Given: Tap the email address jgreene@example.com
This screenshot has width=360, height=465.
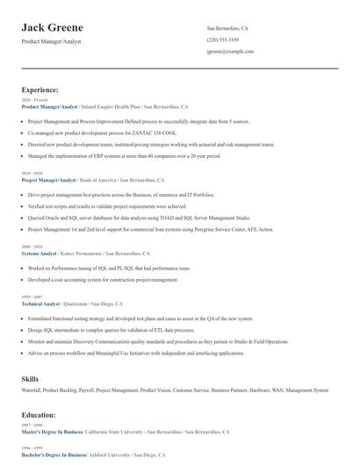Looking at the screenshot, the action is (231, 52).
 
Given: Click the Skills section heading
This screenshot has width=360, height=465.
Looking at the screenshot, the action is (30, 377).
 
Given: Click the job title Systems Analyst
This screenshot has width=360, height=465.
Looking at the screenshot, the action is (39, 254).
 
